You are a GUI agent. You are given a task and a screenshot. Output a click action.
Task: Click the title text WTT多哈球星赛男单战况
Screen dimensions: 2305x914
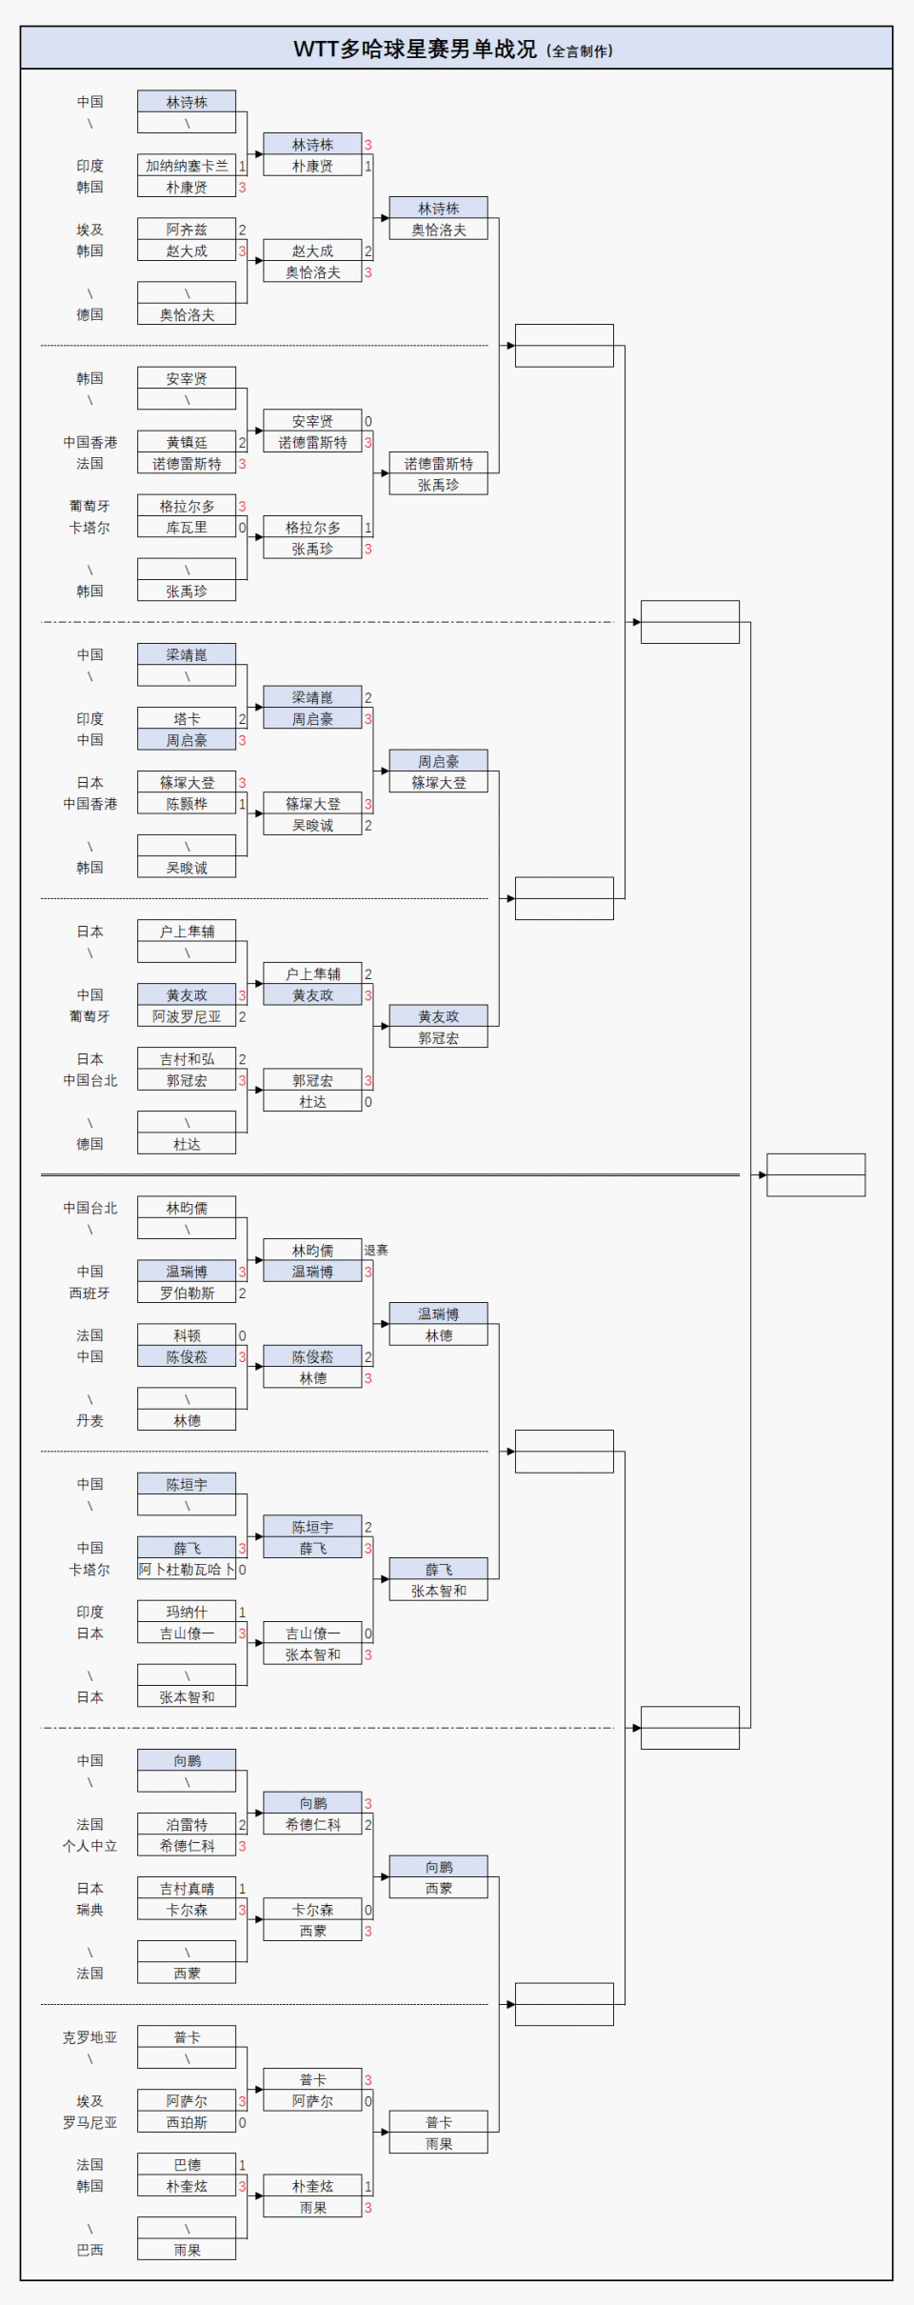pyautogui.click(x=415, y=50)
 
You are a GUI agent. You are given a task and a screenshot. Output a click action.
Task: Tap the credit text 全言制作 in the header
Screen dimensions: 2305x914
pyautogui.click(x=580, y=51)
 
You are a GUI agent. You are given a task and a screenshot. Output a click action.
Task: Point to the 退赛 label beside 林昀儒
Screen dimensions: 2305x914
pyautogui.click(x=376, y=1250)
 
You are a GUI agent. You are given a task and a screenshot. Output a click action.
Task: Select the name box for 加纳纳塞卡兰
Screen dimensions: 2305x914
pyautogui.click(x=187, y=166)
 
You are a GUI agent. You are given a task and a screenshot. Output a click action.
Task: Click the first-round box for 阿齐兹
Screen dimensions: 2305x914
pyautogui.click(x=187, y=230)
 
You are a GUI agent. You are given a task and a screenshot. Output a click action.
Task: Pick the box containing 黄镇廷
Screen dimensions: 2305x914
pyautogui.click(x=187, y=442)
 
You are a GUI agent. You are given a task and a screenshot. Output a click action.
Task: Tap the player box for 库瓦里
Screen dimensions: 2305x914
pyautogui.click(x=187, y=528)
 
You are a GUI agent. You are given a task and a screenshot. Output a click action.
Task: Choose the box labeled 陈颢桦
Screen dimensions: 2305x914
pyautogui.click(x=187, y=804)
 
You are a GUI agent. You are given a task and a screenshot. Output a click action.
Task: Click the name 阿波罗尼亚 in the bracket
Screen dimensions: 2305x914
pyautogui.click(x=187, y=1016)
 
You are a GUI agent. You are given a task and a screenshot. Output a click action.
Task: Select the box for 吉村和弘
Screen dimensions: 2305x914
pyautogui.click(x=187, y=1059)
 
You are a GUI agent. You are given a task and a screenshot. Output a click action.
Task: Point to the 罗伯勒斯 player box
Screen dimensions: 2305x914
pyautogui.click(x=187, y=1293)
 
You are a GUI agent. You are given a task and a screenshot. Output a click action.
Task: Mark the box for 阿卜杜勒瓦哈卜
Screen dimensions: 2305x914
pyautogui.click(x=187, y=1570)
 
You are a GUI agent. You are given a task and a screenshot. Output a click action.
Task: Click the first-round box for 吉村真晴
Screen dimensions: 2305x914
pyautogui.click(x=187, y=1888)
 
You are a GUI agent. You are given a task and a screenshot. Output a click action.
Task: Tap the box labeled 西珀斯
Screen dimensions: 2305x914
pyautogui.click(x=187, y=2122)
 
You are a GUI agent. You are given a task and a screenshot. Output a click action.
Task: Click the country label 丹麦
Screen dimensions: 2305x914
pyautogui.click(x=90, y=1420)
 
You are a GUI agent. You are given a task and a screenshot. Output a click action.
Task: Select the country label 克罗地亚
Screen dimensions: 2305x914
pyautogui.click(x=90, y=2037)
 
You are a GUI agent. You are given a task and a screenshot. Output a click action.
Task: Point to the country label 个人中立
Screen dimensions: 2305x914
pyautogui.click(x=90, y=1846)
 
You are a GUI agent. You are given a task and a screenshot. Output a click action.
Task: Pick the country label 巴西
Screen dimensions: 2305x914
pyautogui.click(x=90, y=2250)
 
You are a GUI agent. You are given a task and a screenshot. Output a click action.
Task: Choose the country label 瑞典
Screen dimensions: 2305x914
pyautogui.click(x=90, y=1910)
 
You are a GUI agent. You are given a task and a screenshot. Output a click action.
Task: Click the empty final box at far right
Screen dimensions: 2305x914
pyautogui.click(x=816, y=1174)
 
